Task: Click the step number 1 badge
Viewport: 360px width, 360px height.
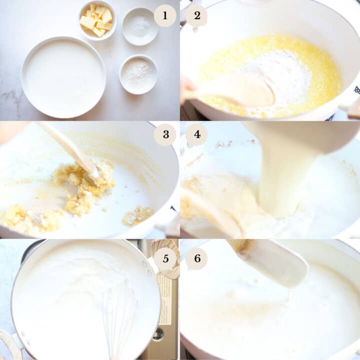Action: coord(165,15)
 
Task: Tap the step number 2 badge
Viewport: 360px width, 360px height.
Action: coord(196,15)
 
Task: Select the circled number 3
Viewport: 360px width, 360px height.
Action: coord(165,134)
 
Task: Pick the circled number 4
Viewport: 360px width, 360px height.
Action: coord(196,134)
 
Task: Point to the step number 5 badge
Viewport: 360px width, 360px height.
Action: coord(165,258)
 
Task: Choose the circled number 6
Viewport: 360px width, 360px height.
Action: coord(196,258)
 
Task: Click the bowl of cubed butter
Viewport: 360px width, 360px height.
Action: coord(97,19)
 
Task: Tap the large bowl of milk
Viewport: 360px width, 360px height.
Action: coord(63,77)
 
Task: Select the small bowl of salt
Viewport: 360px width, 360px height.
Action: coord(140,25)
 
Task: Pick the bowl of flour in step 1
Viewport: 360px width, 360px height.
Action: coord(138,74)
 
